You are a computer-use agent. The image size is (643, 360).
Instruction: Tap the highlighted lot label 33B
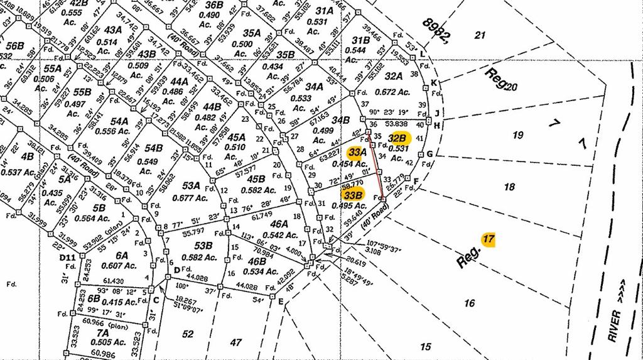click(354, 195)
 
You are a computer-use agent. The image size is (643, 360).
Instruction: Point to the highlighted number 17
click(488, 239)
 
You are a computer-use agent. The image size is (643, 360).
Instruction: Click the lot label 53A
click(191, 186)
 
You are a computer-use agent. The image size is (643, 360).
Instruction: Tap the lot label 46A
click(279, 223)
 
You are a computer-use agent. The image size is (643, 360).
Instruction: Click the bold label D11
click(67, 257)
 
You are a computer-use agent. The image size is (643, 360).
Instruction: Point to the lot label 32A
click(393, 77)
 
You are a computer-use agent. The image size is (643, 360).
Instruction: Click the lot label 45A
click(236, 137)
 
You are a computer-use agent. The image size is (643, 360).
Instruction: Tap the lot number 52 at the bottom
click(188, 334)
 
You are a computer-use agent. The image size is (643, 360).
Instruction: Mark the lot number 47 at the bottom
click(235, 342)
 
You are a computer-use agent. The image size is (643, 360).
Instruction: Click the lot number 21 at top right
click(480, 35)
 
